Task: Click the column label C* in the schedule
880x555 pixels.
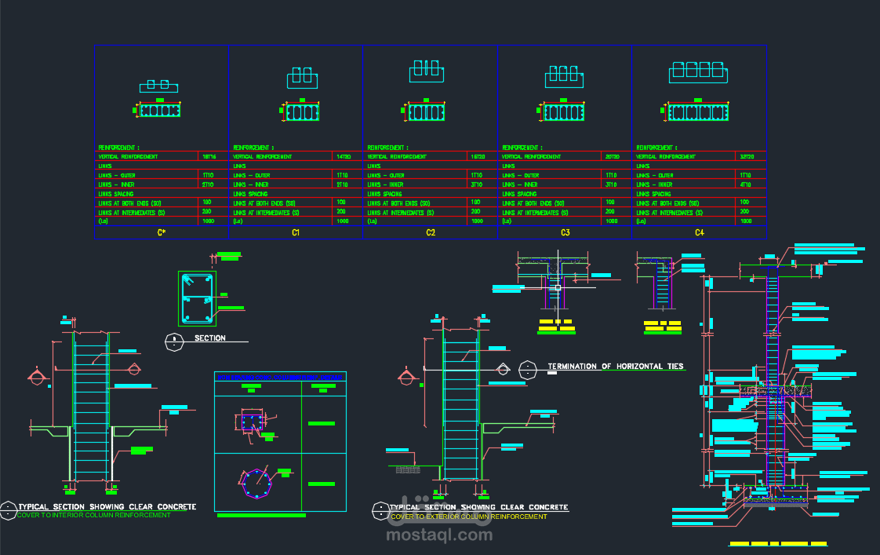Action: tap(162, 232)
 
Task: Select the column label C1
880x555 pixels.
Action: tap(296, 232)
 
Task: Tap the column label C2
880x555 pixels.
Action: tap(431, 232)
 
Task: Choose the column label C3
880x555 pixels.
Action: tap(565, 232)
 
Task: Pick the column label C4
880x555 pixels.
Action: tap(699, 232)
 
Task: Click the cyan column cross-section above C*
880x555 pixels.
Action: tap(160, 111)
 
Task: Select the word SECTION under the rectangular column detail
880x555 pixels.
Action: tap(210, 338)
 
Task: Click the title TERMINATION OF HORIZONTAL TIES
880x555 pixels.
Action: tap(616, 367)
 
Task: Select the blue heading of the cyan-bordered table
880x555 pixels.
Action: tap(280, 377)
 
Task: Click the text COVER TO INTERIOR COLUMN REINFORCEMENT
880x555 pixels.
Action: tap(93, 515)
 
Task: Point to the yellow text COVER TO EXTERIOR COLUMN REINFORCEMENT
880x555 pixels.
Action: tap(468, 517)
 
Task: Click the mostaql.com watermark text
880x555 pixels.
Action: tap(439, 535)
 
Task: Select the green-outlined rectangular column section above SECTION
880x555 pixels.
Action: tap(195, 298)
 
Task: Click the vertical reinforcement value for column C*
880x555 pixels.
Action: tap(209, 157)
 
